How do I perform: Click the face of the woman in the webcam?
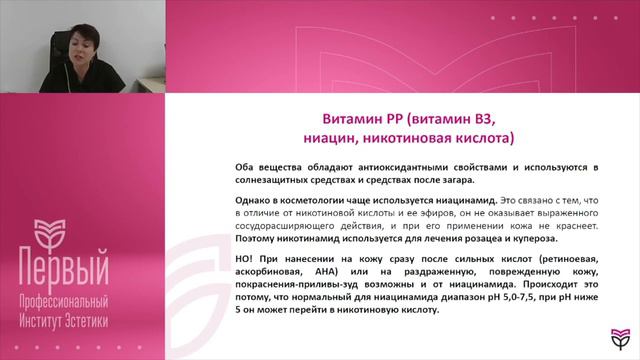79,42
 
